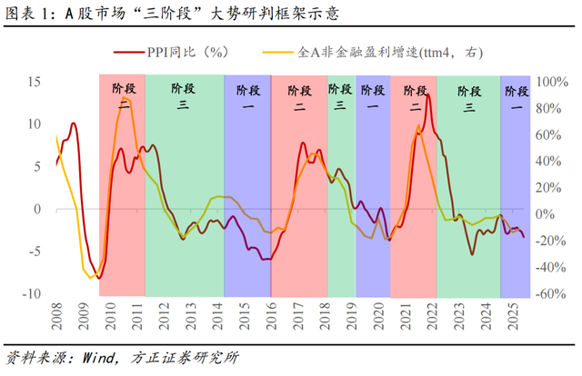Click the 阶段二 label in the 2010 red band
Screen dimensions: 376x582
[122, 96]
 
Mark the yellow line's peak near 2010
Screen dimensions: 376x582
[126, 98]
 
